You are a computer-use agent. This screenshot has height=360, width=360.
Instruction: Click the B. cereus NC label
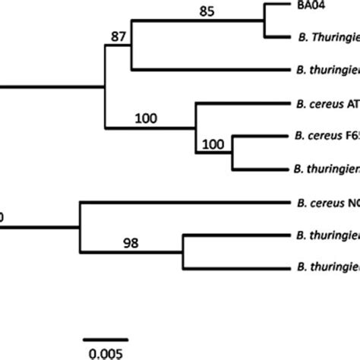324,203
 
